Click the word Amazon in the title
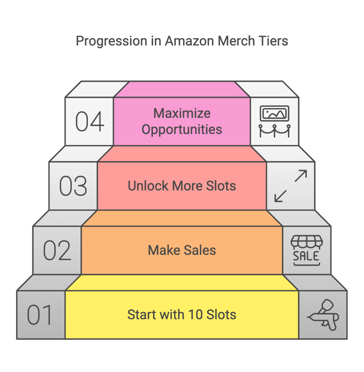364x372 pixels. pyautogui.click(x=189, y=41)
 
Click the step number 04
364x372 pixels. pyautogui.click(x=89, y=122)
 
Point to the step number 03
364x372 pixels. pyautogui.click(x=73, y=186)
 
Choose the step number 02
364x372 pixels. pyautogui.click(x=57, y=250)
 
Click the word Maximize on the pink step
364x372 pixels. pyautogui.click(x=182, y=113)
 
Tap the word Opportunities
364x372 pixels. pyautogui.click(x=182, y=130)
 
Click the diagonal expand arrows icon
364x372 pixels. pyautogui.click(x=290, y=186)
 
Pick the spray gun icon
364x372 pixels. pyautogui.click(x=323, y=314)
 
